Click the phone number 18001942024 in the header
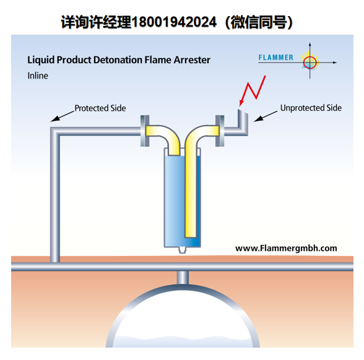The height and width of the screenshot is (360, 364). click(x=175, y=22)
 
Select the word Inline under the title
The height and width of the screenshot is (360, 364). click(x=38, y=75)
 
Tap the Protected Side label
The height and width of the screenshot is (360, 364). click(x=100, y=108)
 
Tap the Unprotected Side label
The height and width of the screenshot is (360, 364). click(x=311, y=108)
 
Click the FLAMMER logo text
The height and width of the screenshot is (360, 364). click(x=276, y=58)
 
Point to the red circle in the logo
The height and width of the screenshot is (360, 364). click(x=310, y=62)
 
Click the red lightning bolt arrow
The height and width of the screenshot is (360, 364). click(x=253, y=91)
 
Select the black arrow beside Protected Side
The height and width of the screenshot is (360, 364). click(x=62, y=116)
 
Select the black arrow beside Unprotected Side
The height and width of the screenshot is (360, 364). click(x=266, y=116)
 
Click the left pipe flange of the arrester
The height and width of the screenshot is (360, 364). click(x=145, y=131)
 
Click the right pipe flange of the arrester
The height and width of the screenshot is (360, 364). click(x=220, y=131)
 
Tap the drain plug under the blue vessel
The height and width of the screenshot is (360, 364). click(x=183, y=250)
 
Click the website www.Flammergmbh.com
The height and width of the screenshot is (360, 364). click(x=286, y=248)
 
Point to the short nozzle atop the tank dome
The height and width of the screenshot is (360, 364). click(x=183, y=277)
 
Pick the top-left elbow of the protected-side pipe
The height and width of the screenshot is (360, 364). click(x=55, y=132)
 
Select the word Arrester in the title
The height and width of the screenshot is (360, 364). click(x=192, y=60)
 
